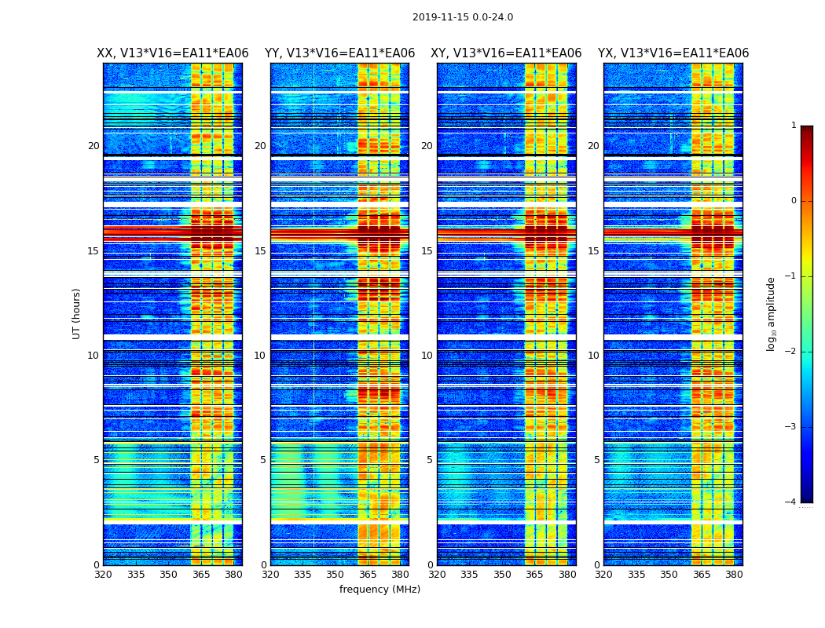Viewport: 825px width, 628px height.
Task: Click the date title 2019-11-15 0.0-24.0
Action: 463,17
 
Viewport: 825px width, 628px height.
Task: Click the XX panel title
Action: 173,53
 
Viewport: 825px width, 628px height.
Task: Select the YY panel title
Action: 339,53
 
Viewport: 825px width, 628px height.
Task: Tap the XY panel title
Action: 506,53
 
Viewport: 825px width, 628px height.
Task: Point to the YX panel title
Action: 673,53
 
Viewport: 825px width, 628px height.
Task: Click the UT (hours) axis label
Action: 77,313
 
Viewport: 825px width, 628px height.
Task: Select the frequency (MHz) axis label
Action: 379,590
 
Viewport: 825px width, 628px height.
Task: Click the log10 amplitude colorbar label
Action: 772,313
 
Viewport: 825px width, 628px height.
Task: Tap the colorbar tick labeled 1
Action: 794,126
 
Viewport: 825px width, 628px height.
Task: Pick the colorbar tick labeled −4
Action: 791,502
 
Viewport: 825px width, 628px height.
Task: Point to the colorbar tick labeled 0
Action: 794,201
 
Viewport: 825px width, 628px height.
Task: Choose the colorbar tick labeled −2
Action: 791,352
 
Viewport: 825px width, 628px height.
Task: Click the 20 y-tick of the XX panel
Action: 93,146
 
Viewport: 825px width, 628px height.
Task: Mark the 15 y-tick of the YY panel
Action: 260,251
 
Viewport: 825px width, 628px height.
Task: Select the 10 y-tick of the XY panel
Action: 427,356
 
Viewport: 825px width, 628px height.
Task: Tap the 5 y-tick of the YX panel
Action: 596,460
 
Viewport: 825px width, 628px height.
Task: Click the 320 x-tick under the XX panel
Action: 103,575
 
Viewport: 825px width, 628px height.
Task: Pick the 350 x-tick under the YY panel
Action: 335,575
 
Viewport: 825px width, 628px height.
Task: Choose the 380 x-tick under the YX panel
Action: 734,575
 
